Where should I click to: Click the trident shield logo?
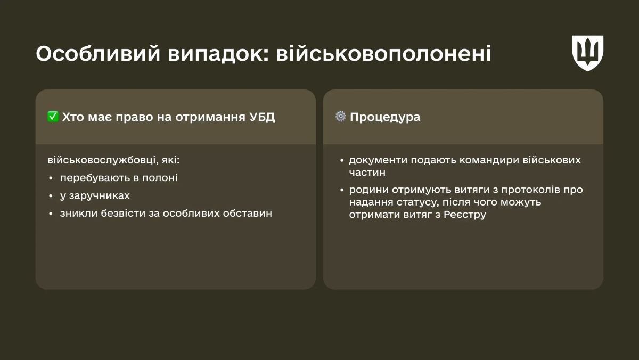point(587,53)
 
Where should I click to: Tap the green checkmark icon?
point(53,117)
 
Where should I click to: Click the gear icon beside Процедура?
point(340,117)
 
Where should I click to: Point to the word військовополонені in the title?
point(383,54)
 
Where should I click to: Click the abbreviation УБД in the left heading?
point(263,117)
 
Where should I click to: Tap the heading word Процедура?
point(385,117)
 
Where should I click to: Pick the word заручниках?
point(99,195)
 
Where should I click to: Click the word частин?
point(367,173)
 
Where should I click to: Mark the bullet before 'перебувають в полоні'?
point(51,178)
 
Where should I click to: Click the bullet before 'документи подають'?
point(341,160)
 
